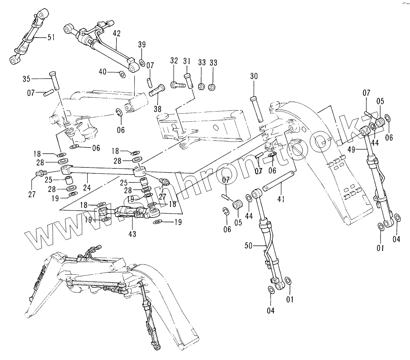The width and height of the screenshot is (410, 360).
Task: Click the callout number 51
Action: click(x=51, y=37)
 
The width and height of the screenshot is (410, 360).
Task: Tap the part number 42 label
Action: click(x=117, y=33)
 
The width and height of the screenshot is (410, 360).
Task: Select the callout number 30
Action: click(x=254, y=76)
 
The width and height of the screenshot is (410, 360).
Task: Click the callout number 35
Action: click(x=26, y=79)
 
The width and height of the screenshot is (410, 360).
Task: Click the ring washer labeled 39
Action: click(x=142, y=62)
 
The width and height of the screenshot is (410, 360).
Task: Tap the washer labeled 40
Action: click(x=122, y=74)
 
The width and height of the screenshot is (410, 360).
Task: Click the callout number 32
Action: click(x=174, y=61)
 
